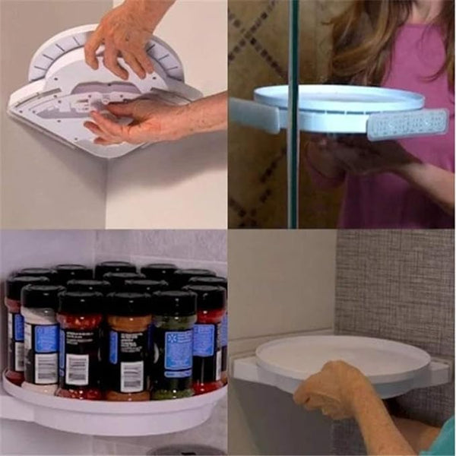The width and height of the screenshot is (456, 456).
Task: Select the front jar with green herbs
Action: pyautogui.click(x=173, y=350)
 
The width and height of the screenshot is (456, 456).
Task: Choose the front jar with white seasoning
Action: pyautogui.click(x=40, y=342)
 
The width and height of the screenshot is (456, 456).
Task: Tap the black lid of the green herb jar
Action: pyautogui.click(x=174, y=302)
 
